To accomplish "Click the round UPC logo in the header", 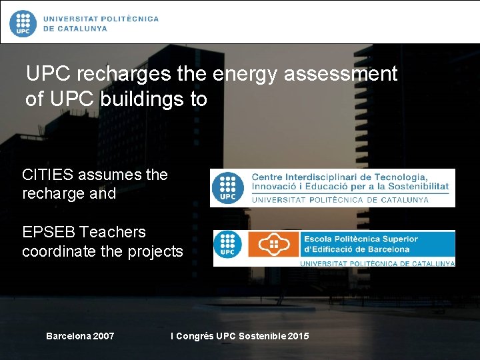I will pyautogui.click(x=23, y=23).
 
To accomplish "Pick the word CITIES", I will pyautogui.click(x=48, y=175).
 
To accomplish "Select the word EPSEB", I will pyautogui.click(x=49, y=232).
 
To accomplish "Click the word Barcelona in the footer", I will pyautogui.click(x=68, y=336).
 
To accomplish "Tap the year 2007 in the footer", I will pyautogui.click(x=103, y=336).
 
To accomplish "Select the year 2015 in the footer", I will pyautogui.click(x=297, y=336).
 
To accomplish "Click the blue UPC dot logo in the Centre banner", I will pyautogui.click(x=228, y=188).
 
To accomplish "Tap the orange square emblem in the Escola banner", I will pyautogui.click(x=273, y=245).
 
